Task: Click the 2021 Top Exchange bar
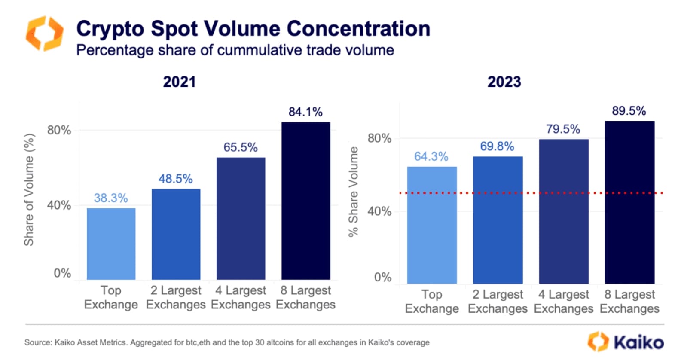[111, 244]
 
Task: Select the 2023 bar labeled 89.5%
[629, 202]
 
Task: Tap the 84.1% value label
[305, 112]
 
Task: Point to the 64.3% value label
[431, 156]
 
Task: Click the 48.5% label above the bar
[175, 179]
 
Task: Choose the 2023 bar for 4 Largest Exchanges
[564, 211]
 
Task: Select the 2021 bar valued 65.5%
[241, 218]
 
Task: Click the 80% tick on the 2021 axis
[59, 130]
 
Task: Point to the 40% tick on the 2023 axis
[379, 211]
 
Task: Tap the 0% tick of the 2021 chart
[62, 273]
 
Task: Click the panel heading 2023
[504, 82]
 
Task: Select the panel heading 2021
[179, 82]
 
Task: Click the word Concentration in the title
[358, 29]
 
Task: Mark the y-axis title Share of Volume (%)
[29, 189]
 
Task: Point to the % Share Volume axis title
[353, 192]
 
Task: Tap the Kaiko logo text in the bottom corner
[638, 342]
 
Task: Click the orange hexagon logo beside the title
[44, 34]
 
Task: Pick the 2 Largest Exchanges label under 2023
[498, 302]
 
